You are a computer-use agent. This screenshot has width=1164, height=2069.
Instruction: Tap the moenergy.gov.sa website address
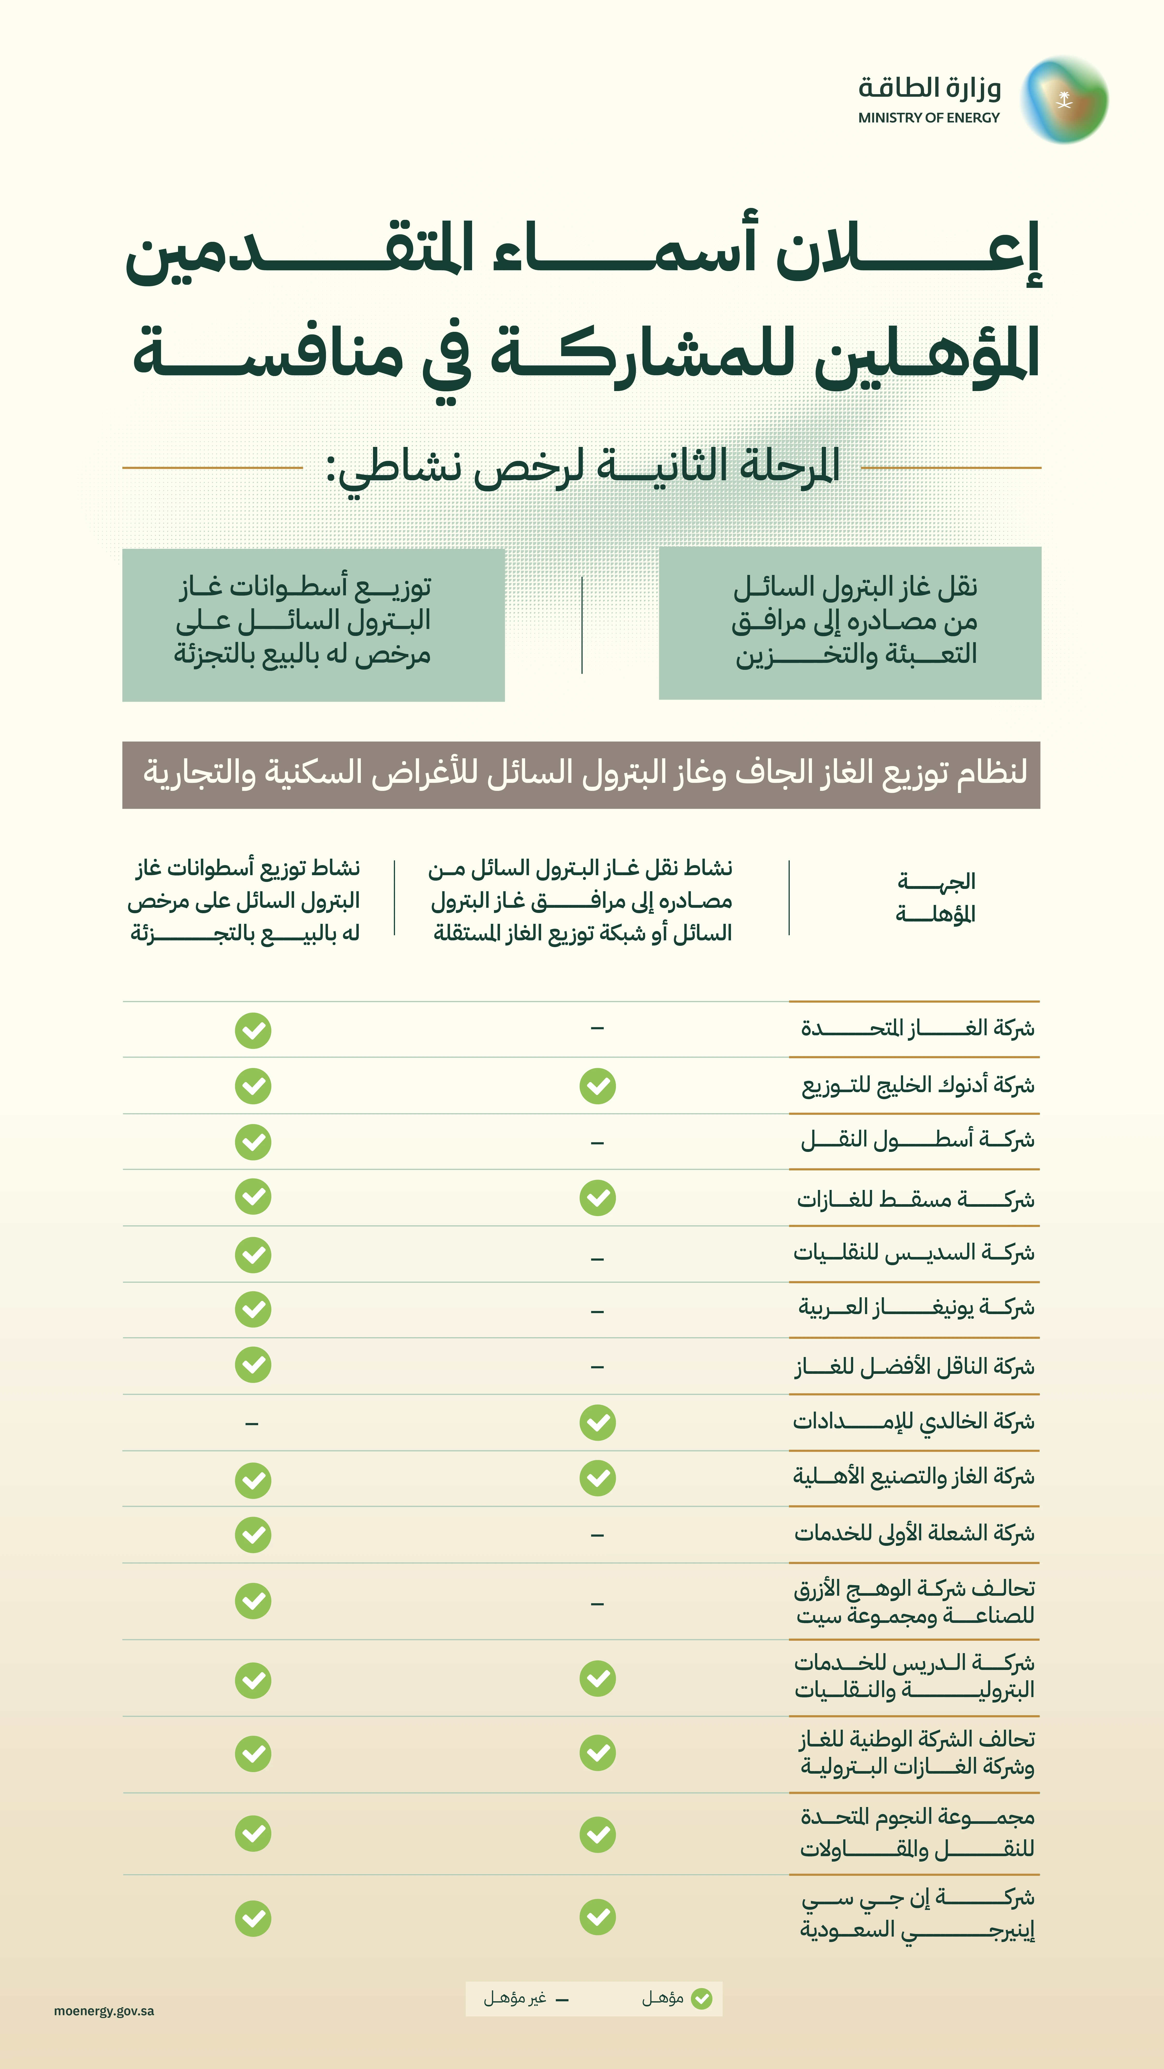click(104, 2010)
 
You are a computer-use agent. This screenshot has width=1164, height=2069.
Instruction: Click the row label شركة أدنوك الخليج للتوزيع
click(917, 1085)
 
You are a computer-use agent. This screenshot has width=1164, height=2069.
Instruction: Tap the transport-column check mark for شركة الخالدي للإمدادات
click(598, 1422)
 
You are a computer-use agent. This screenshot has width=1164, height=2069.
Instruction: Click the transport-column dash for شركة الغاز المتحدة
click(597, 1028)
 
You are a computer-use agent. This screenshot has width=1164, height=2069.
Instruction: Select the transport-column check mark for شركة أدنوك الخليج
click(598, 1086)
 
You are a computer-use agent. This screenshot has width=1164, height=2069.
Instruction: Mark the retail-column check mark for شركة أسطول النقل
click(253, 1141)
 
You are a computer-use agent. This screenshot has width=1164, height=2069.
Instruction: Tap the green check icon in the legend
click(701, 1998)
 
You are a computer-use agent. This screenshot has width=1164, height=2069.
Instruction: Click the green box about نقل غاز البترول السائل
click(850, 623)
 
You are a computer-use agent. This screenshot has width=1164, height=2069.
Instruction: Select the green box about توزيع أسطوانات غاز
click(313, 624)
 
